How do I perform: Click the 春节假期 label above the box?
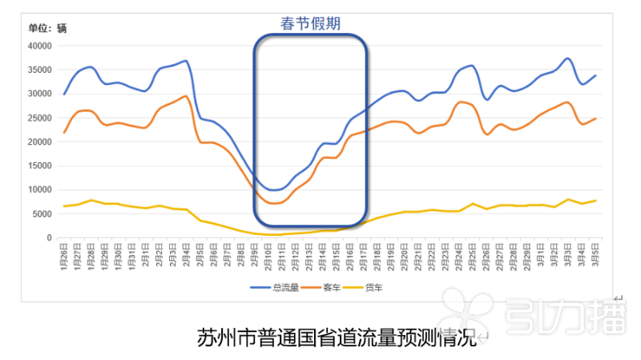(310, 23)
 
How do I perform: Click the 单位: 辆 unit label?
(47, 28)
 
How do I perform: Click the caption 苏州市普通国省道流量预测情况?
(337, 338)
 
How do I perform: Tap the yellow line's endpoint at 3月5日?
(595, 200)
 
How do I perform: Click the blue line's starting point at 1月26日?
(64, 94)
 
